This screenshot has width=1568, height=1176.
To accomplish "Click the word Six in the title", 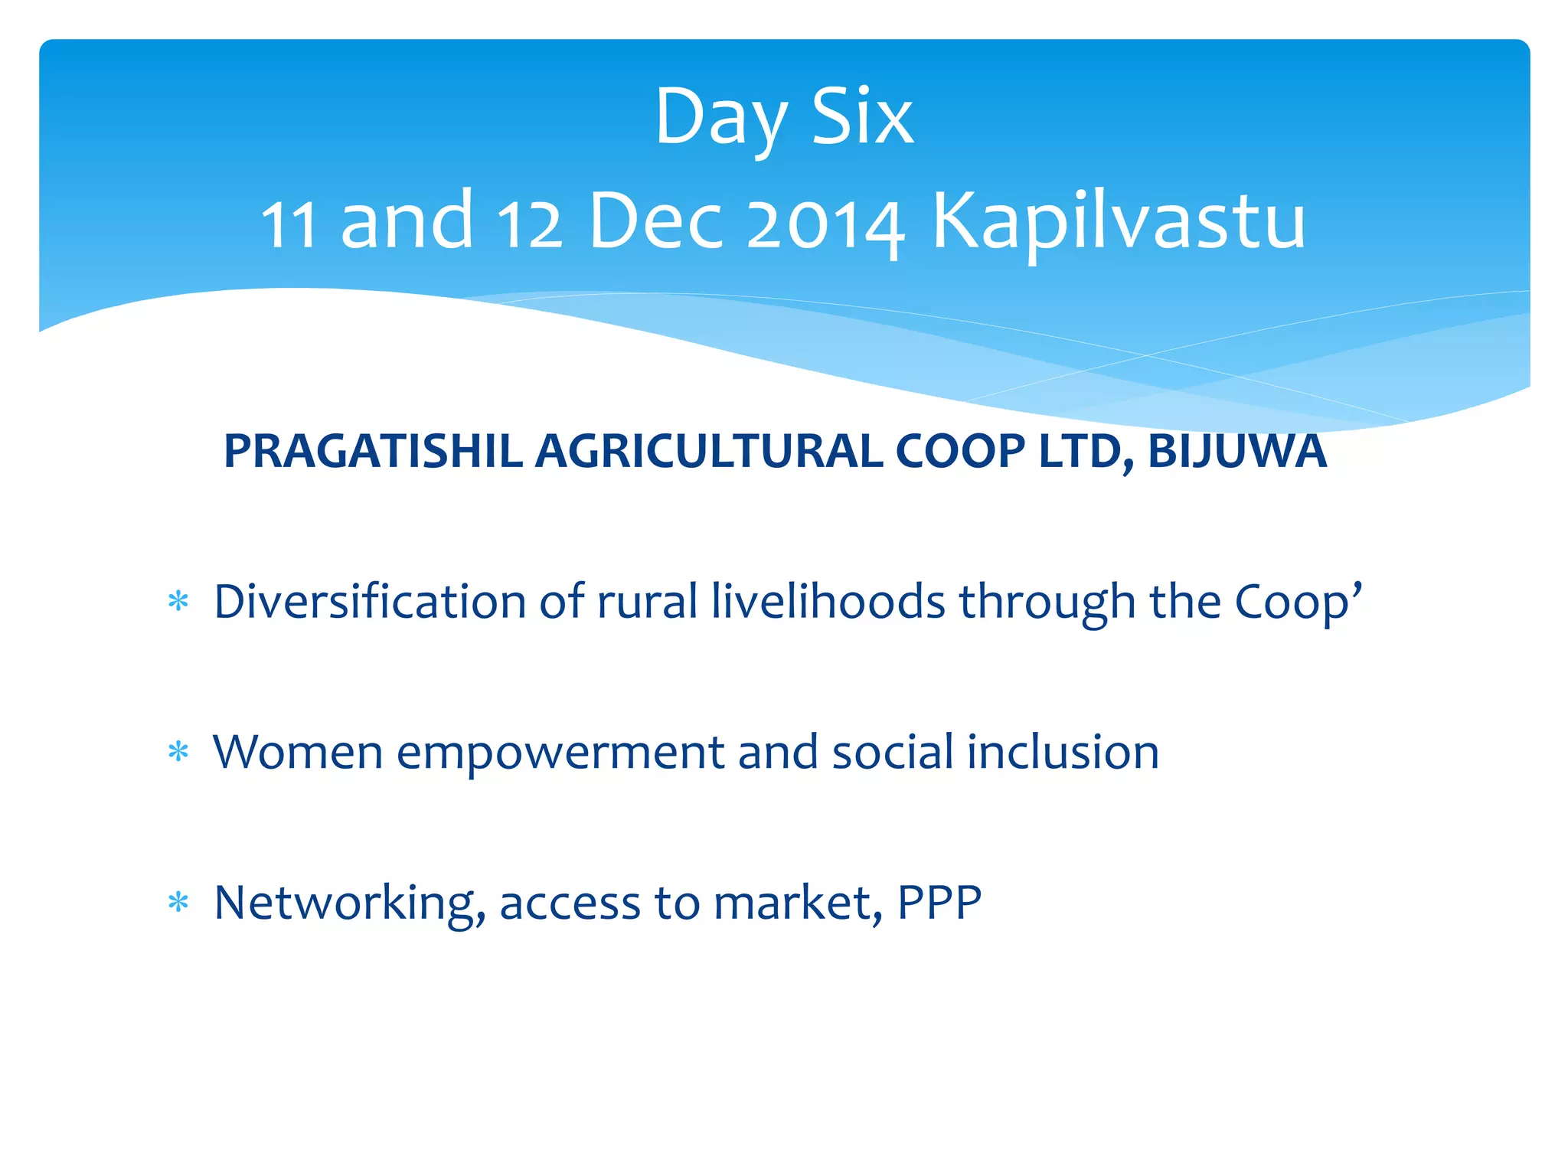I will click(862, 116).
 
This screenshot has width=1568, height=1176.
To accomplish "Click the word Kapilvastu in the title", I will click(1118, 222).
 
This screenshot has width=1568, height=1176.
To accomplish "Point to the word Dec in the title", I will click(655, 222).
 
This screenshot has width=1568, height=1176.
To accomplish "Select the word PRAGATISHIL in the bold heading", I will click(373, 451).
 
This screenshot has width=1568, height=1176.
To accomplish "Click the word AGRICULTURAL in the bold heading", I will click(708, 451).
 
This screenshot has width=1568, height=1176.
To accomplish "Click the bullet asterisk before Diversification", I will click(178, 602).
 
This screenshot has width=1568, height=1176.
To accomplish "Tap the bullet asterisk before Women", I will click(178, 753).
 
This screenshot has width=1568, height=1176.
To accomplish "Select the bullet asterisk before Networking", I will click(178, 903).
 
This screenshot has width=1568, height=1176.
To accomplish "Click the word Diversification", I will click(369, 602).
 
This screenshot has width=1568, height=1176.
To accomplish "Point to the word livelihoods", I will click(828, 602).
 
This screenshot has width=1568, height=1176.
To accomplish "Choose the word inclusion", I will click(1063, 752).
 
